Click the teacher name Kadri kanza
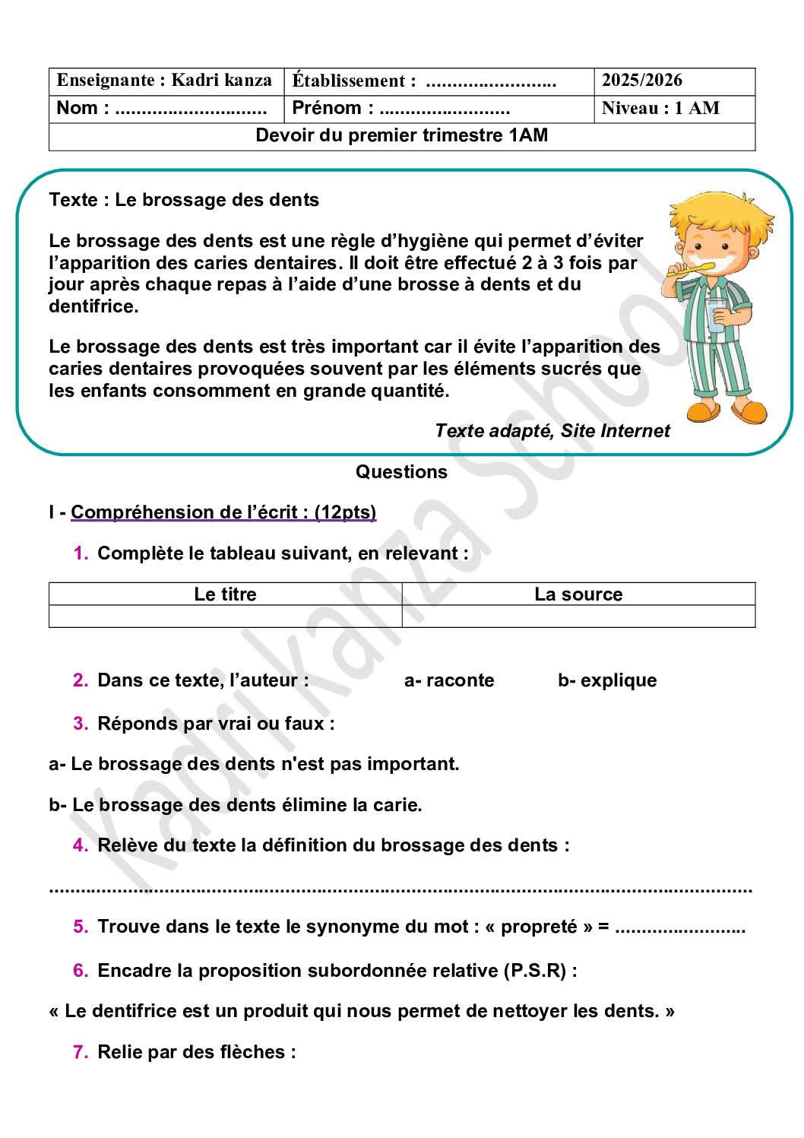221,81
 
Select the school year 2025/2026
641,81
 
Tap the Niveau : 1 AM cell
660,108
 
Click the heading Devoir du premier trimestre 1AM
401,135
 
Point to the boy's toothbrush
696,268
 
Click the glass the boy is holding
716,315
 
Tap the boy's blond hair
718,212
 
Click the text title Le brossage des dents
217,200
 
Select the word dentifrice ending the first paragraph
93,306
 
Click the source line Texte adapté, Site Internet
552,431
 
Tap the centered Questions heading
401,472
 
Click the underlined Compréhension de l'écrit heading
223,512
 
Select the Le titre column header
225,594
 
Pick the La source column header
578,594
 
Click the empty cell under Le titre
225,617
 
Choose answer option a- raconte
449,680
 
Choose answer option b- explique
607,680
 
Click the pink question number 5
81,927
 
